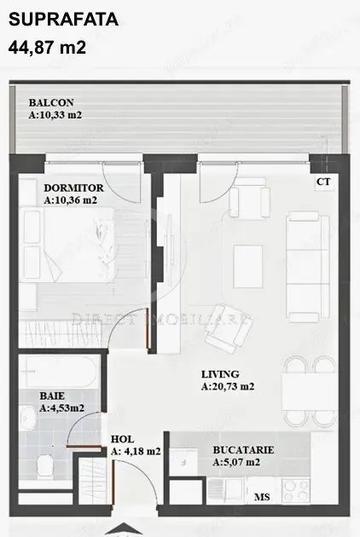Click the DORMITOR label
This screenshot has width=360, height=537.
(74, 188)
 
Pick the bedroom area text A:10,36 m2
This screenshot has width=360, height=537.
(70, 200)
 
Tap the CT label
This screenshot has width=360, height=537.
(323, 182)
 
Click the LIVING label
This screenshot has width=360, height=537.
(220, 373)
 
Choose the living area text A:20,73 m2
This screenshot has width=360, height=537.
(228, 386)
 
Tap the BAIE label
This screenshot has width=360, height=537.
(51, 396)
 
